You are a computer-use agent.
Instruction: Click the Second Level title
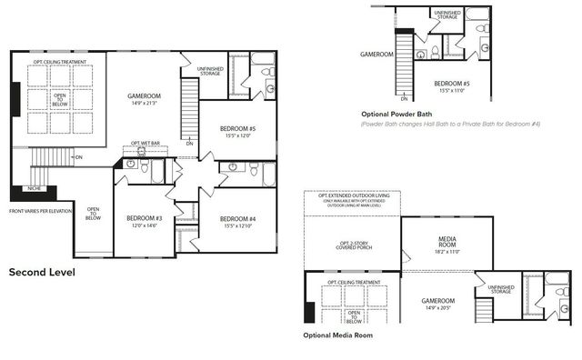(42, 271)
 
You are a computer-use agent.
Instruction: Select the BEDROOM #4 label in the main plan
(236, 220)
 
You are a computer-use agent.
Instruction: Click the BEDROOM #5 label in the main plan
(237, 130)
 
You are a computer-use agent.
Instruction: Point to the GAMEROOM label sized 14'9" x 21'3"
(145, 96)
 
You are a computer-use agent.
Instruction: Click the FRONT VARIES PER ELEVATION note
(40, 211)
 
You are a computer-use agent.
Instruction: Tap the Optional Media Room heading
(338, 335)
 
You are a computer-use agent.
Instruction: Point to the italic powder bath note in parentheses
(450, 124)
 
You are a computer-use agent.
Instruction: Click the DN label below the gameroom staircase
(189, 143)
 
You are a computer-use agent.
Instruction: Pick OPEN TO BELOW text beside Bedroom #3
(93, 215)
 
